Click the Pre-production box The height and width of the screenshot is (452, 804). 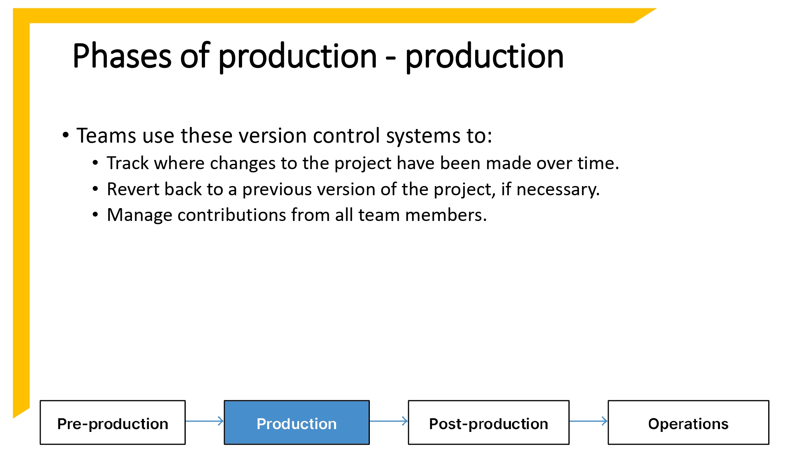113,423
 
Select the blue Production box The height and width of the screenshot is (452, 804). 297,423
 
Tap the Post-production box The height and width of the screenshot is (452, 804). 488,423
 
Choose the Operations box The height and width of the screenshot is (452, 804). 688,423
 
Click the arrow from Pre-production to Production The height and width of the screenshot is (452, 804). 205,421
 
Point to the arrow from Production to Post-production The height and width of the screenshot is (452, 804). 388,421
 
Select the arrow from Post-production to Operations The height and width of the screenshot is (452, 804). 589,421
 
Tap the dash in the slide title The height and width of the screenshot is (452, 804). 390,58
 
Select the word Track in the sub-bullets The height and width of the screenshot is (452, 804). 127,163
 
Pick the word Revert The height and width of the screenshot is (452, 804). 133,189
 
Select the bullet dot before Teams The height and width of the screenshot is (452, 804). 66,135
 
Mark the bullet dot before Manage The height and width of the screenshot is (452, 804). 95,215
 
